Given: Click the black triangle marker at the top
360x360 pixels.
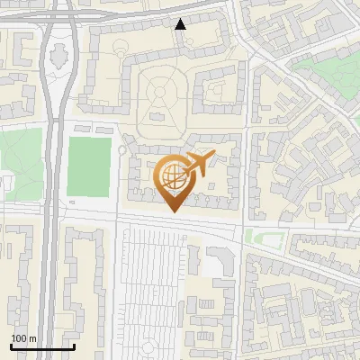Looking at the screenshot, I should click(x=181, y=24).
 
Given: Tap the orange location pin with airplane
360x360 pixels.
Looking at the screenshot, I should click(x=174, y=180).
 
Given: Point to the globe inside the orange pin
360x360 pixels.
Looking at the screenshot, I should click(x=171, y=175).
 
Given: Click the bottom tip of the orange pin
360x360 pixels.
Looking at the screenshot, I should click(x=173, y=211).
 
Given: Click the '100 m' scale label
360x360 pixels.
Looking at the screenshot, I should click(x=23, y=338).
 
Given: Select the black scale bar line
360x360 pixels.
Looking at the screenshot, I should click(x=41, y=347).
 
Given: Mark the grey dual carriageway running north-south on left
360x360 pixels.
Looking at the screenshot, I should click(x=51, y=225).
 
